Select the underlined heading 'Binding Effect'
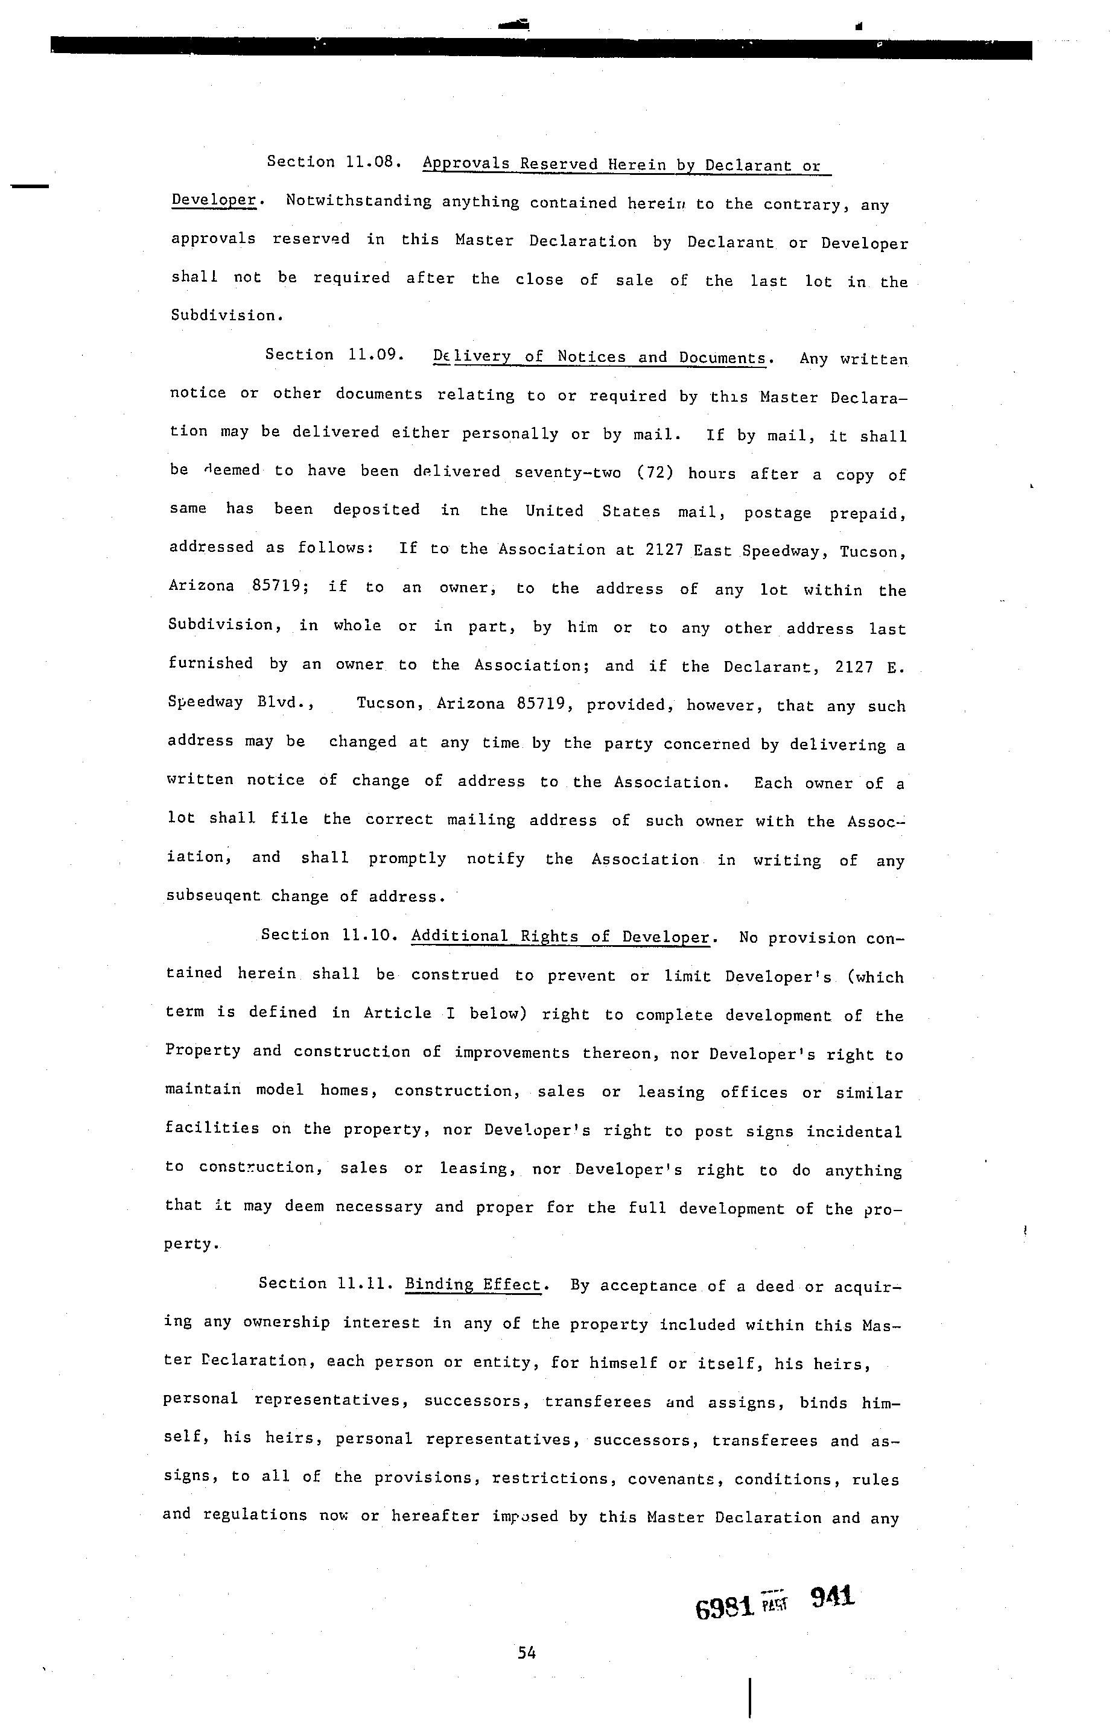click(473, 1284)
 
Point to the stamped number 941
click(833, 1597)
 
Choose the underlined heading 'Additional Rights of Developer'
click(561, 936)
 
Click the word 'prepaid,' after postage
click(867, 513)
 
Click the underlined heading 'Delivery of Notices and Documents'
click(599, 357)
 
